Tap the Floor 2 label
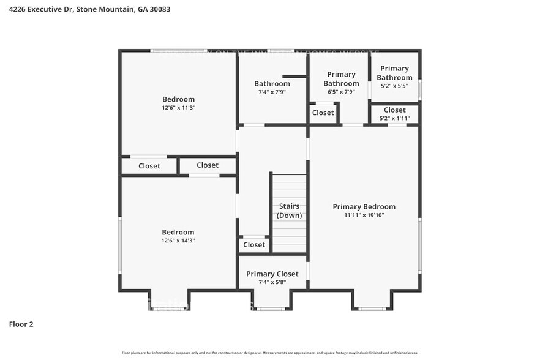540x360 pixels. [21, 324]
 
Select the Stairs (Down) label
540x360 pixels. [289, 211]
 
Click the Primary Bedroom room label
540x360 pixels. [364, 207]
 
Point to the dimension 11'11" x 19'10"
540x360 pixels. [364, 216]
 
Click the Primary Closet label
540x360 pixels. [272, 274]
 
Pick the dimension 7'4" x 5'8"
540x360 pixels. [272, 282]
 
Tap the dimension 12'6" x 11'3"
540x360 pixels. [178, 108]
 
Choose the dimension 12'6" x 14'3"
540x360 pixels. [178, 241]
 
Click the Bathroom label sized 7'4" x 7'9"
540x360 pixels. [272, 84]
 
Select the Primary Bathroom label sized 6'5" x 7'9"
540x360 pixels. [341, 79]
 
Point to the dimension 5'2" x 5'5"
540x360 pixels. [394, 86]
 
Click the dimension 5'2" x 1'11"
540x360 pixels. [394, 118]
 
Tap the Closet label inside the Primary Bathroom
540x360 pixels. [323, 113]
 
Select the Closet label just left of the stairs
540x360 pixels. [254, 245]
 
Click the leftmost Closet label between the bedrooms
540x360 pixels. [149, 166]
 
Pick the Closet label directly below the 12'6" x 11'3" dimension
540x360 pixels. [208, 165]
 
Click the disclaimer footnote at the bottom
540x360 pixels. [270, 353]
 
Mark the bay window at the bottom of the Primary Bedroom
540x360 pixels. [372, 309]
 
